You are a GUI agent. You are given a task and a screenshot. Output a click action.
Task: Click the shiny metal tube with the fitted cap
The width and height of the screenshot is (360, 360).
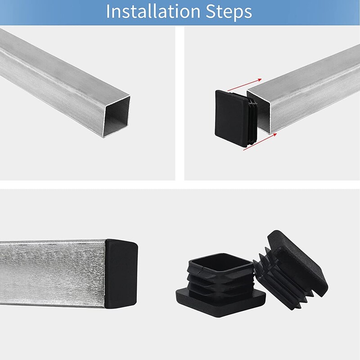pos(54,274)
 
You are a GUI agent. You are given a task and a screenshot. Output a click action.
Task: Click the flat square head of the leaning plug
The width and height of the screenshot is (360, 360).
pos(300,261)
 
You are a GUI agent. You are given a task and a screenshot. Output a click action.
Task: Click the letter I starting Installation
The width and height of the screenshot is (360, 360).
pos(108,12)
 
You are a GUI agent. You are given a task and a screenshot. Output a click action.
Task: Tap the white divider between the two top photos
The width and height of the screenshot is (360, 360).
pos(180,103)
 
